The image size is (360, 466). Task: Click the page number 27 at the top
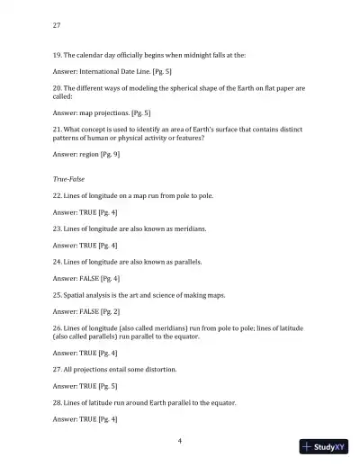(x=58, y=24)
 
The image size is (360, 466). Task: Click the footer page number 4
(x=180, y=440)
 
